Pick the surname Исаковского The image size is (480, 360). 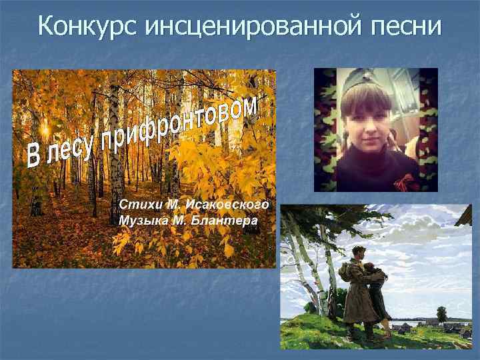[227, 203]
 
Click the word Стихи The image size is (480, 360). [137, 203]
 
